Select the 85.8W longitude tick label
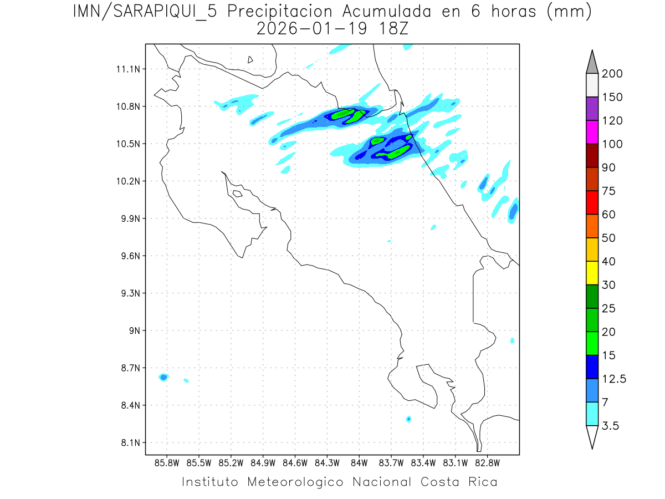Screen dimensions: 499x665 point(167,462)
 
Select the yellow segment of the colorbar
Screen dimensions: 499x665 point(592,273)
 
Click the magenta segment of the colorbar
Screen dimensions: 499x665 point(592,132)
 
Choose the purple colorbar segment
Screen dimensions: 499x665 point(592,109)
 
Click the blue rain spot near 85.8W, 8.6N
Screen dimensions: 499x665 point(163,378)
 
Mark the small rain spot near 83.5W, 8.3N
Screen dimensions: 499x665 point(408,419)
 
